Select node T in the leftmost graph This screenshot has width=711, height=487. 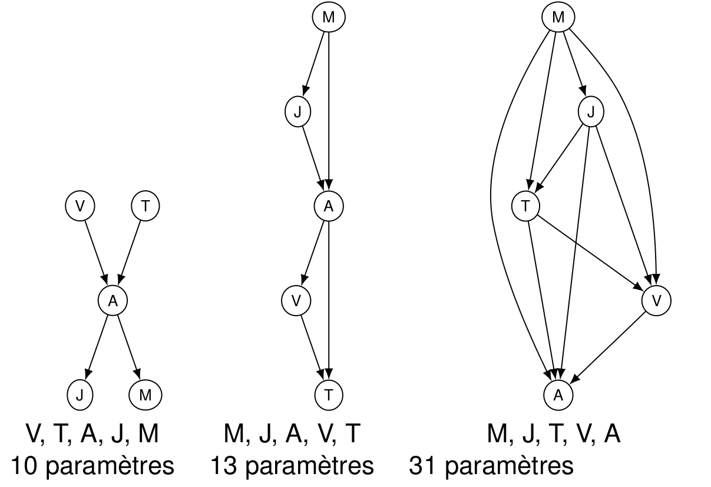145,206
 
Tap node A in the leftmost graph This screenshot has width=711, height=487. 113,300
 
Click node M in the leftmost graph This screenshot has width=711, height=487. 145,395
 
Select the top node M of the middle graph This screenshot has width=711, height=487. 328,18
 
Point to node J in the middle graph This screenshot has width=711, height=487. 297,112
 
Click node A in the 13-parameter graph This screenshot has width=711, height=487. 328,206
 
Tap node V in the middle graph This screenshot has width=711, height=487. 296,300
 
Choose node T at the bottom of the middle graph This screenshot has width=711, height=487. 328,395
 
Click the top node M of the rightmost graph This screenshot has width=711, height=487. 557,18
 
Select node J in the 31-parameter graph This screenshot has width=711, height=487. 591,112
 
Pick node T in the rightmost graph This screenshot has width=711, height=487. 525,206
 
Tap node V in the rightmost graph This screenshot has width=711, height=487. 656,300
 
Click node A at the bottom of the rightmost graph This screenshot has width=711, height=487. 557,395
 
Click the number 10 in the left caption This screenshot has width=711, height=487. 24,466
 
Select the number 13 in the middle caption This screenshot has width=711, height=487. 224,466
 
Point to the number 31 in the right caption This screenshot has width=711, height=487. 422,466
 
